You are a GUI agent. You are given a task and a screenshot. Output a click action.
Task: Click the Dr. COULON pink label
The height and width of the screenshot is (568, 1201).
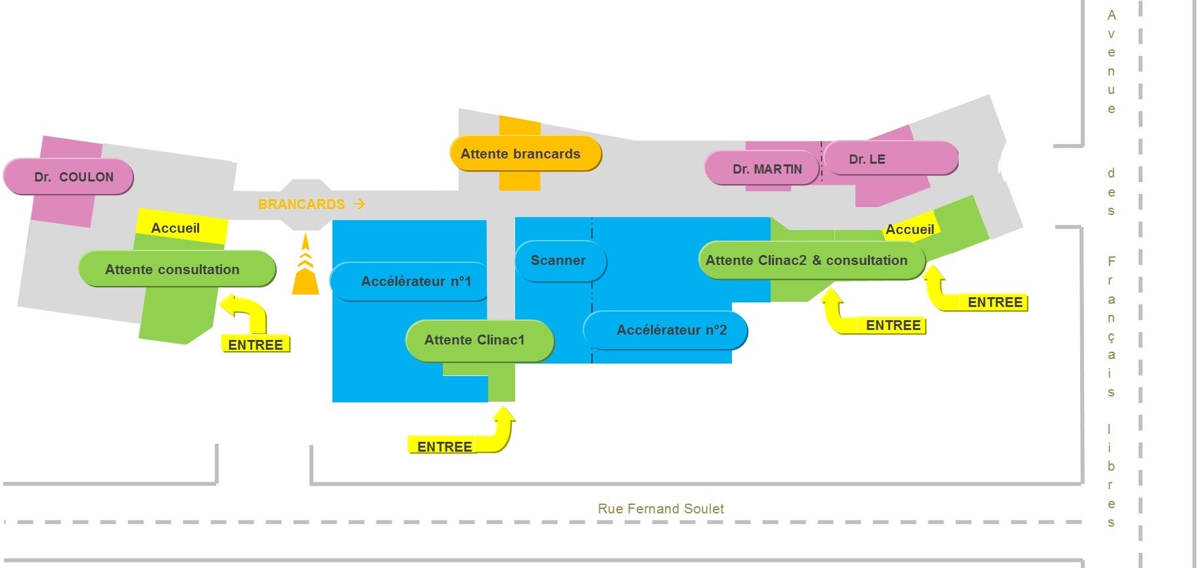click(68, 176)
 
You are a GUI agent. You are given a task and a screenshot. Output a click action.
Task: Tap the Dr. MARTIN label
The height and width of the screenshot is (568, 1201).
click(762, 168)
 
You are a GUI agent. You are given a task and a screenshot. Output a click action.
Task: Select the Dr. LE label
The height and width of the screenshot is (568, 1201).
click(891, 158)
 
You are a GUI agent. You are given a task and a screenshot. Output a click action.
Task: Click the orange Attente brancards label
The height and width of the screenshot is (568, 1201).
click(526, 154)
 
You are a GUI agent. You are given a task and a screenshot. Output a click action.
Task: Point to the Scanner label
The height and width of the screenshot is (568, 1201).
click(560, 261)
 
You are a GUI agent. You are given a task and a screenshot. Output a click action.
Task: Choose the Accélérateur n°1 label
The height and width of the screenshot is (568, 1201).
click(409, 281)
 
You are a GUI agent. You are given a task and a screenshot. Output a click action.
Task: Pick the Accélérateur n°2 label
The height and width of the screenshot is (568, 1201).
click(666, 330)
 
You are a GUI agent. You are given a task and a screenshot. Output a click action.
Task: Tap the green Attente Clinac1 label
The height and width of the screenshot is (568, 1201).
click(480, 341)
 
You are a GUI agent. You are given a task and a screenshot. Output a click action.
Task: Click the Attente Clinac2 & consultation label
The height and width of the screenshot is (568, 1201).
click(811, 260)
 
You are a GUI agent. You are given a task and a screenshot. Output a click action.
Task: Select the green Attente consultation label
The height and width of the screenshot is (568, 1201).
click(177, 269)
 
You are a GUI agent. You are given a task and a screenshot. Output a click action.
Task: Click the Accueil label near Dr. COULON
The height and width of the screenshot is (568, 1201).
click(175, 228)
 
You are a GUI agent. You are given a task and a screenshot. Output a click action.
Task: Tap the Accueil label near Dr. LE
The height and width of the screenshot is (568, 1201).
click(910, 229)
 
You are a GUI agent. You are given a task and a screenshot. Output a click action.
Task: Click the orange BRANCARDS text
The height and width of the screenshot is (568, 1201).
click(302, 204)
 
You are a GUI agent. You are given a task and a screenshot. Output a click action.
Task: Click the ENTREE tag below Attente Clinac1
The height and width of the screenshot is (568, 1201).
click(444, 446)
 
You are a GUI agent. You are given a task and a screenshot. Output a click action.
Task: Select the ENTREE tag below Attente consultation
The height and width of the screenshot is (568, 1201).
click(256, 344)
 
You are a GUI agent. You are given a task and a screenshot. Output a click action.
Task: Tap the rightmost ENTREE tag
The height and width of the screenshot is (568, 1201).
click(995, 302)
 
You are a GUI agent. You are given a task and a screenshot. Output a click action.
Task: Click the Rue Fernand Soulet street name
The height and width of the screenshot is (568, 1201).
click(661, 509)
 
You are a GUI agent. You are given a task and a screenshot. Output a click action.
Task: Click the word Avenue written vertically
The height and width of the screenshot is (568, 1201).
click(1111, 62)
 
